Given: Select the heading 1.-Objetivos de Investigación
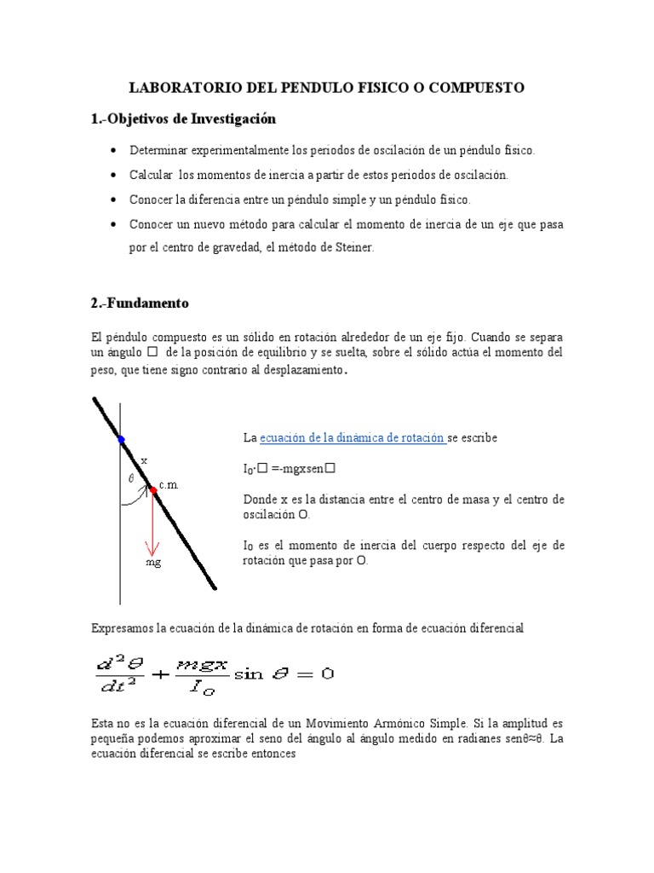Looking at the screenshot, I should pos(183,119).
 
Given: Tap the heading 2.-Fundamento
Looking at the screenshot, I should pos(140,303).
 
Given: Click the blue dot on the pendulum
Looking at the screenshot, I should pos(121,440).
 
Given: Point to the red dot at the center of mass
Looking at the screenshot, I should pos(153,490).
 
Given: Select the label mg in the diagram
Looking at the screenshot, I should pos(153,563).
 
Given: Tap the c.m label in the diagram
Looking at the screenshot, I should pos(169,485).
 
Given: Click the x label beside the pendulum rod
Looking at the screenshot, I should pos(144,460).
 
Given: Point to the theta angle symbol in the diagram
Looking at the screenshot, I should pos(130,479).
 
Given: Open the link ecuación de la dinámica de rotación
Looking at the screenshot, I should pos(352,437).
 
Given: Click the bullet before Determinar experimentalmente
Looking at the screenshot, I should pos(113,150).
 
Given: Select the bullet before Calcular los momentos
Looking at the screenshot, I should pos(113,175).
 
